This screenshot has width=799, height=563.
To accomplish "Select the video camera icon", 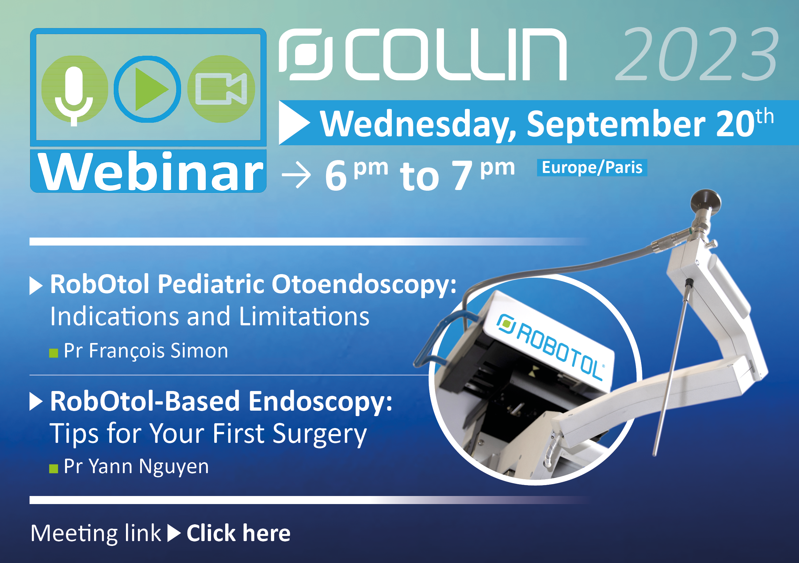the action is tap(221, 89).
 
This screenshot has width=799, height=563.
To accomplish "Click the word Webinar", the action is tap(150, 172).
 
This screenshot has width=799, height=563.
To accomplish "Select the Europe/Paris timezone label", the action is tap(592, 168).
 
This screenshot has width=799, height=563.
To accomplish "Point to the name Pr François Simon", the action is tap(146, 351).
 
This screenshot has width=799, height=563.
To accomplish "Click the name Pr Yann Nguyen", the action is tap(136, 466).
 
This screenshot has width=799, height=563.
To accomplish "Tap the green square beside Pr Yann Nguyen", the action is tap(53, 469).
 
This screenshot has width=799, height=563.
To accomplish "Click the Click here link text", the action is tap(238, 533).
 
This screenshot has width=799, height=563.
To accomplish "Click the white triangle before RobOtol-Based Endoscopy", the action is tap(36, 402).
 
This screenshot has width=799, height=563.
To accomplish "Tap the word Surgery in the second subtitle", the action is tap(320, 434).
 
